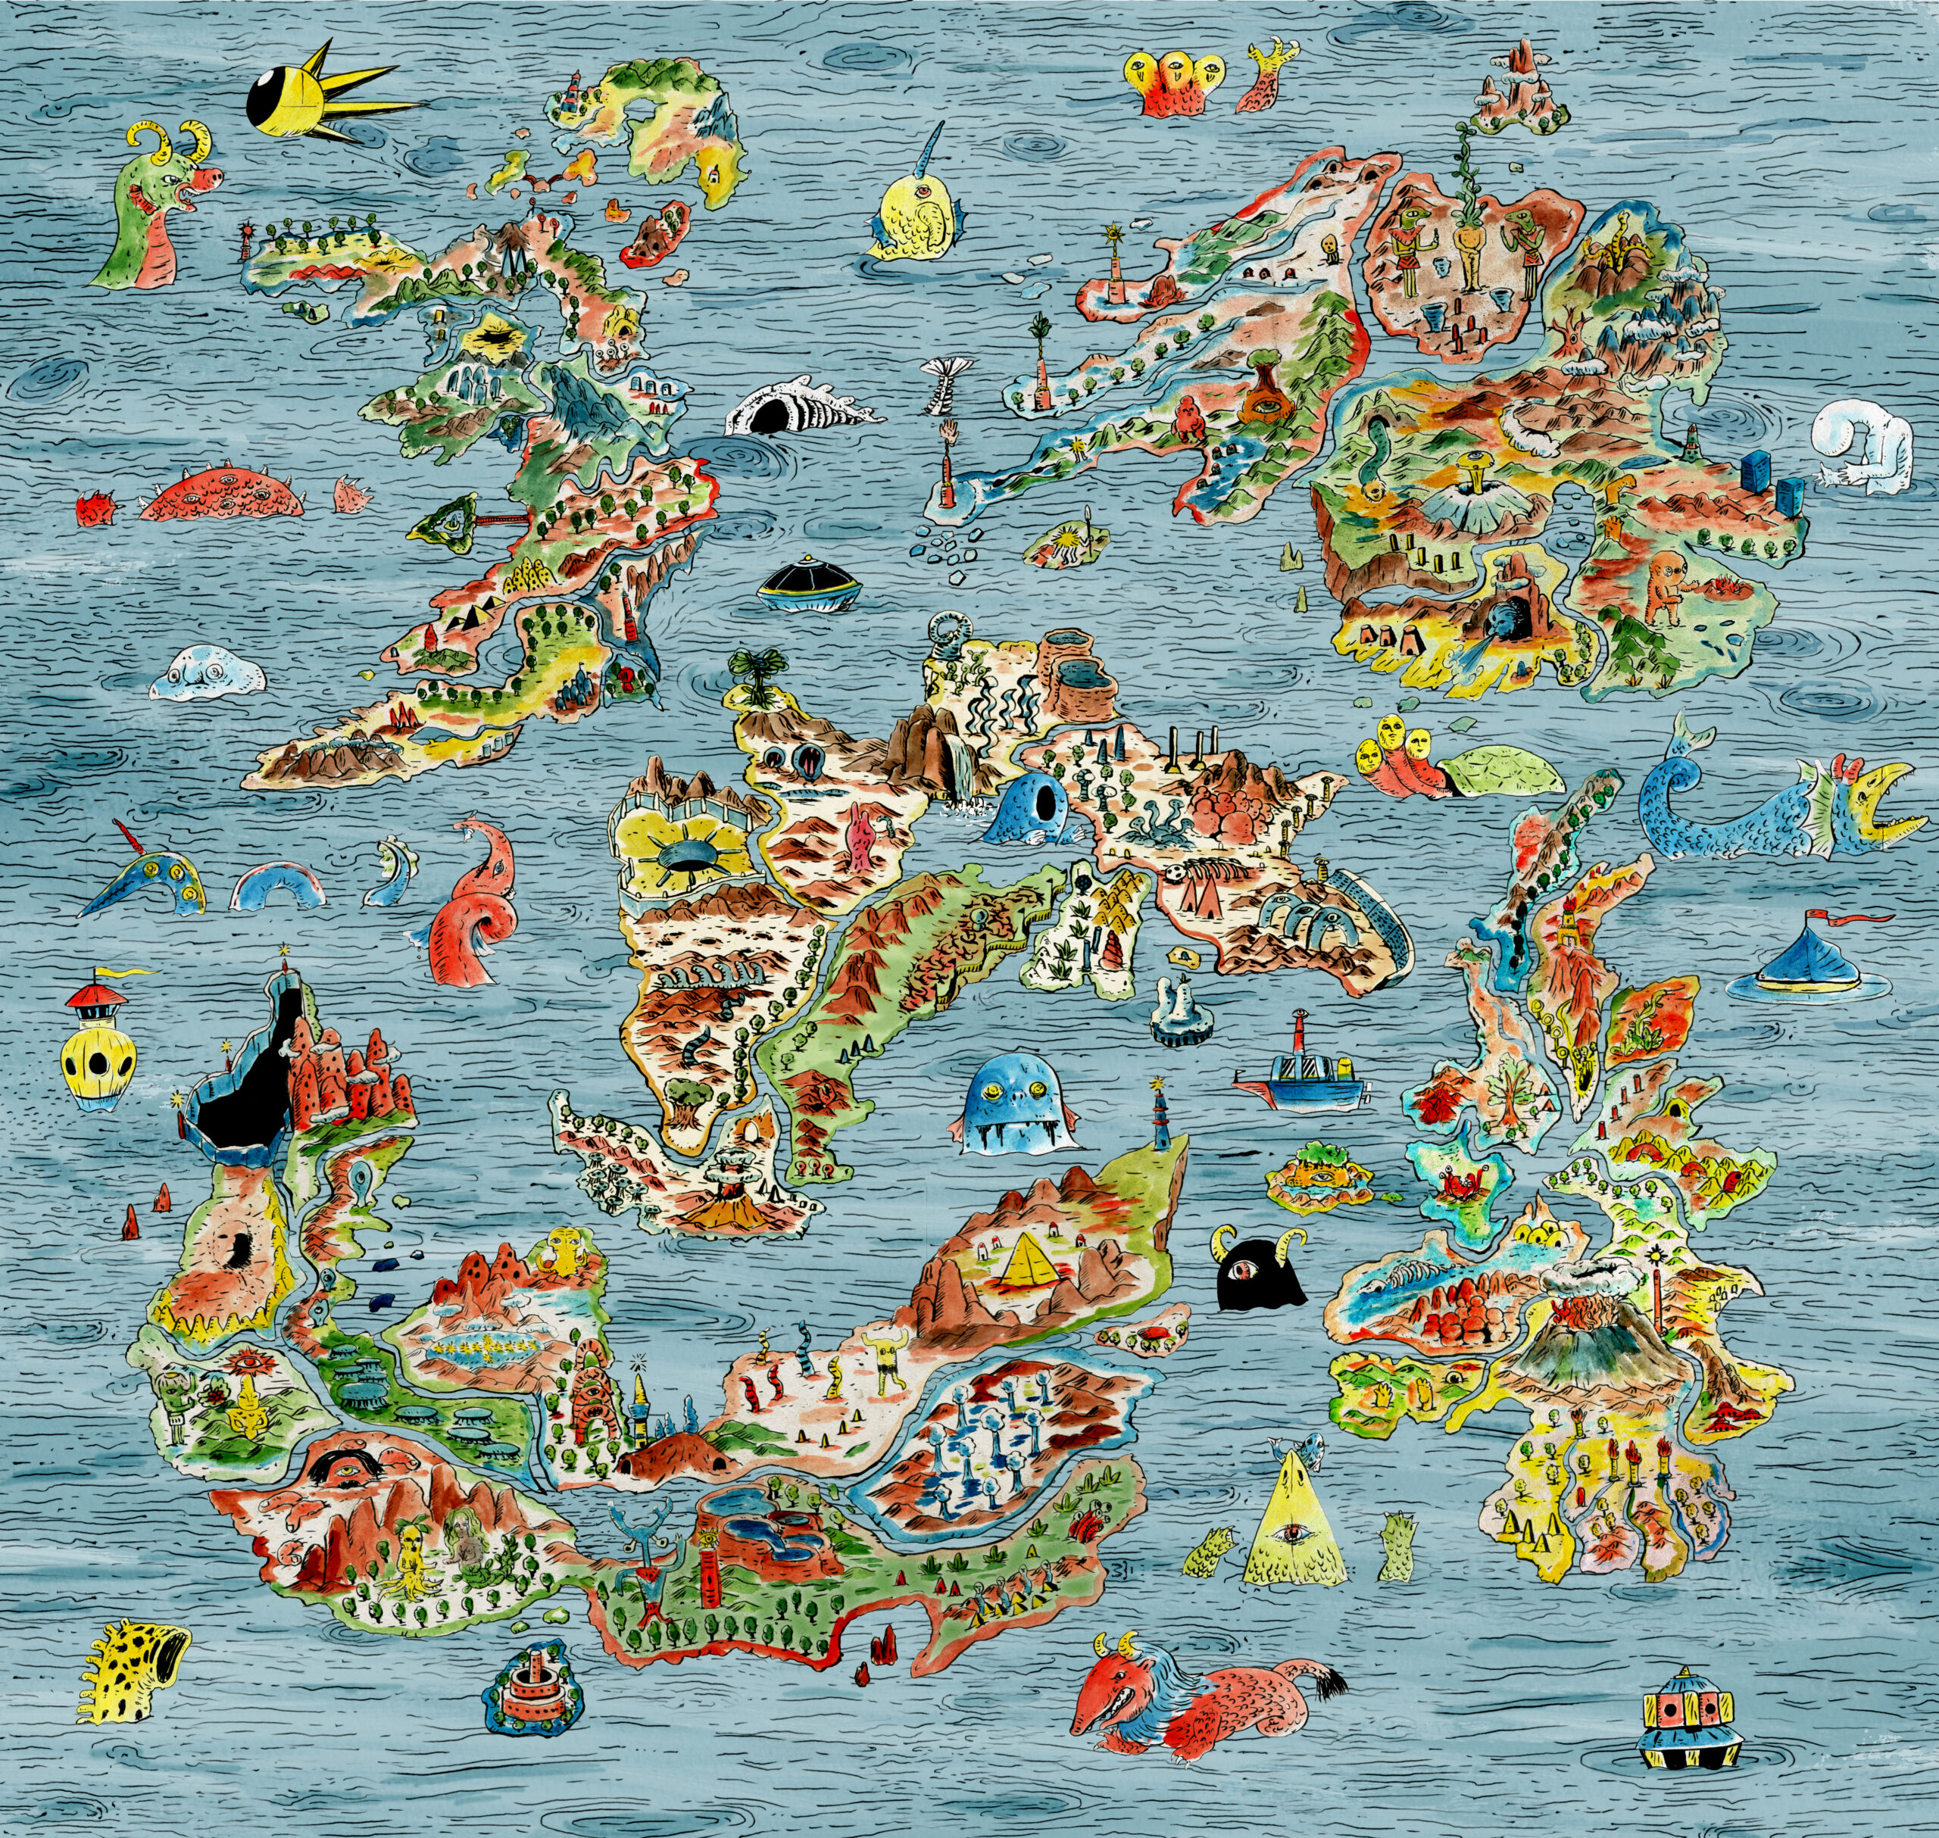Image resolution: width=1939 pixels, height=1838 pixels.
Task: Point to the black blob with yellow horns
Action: (x=1255, y=1272)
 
